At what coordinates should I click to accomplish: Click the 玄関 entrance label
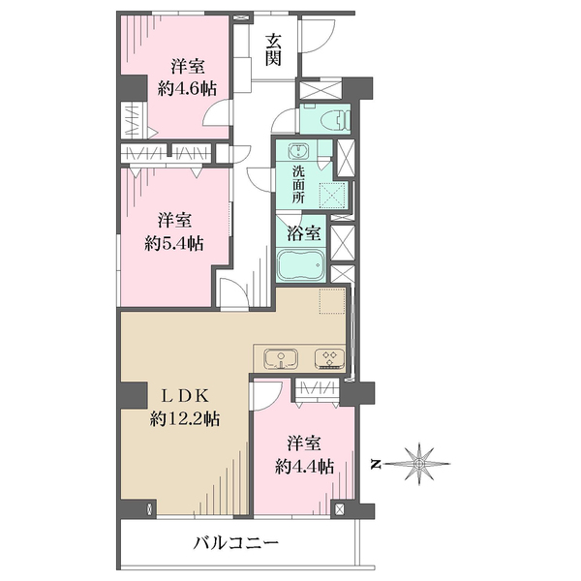[274, 50]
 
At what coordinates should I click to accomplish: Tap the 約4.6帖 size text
[187, 88]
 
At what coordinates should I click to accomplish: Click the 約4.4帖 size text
[303, 466]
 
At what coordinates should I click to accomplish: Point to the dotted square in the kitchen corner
[332, 302]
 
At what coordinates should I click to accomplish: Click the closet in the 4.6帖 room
[130, 121]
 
